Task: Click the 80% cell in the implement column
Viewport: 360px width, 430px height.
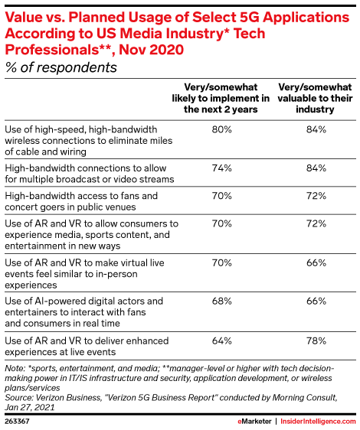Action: coord(221,129)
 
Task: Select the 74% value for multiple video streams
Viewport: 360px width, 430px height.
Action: coord(221,168)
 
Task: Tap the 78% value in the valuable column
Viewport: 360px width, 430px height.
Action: coord(316,341)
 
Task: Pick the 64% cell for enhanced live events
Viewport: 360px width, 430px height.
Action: coord(221,341)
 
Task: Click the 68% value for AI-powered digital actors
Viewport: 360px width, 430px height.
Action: coord(221,301)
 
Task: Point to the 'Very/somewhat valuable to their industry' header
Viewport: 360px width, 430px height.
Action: coord(315,98)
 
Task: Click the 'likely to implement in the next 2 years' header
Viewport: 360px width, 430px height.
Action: coord(221,98)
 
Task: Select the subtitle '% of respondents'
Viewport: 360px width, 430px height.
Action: coord(61,67)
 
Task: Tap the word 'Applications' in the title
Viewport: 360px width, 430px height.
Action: coord(306,18)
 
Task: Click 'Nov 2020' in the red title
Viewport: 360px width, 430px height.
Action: coord(152,50)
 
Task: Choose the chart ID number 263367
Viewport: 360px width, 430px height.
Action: coord(17,422)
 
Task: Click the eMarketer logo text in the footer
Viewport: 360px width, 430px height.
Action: coord(254,422)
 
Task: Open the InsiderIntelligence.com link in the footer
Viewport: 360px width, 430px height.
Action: coord(318,422)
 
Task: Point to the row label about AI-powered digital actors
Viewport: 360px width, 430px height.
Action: coord(83,312)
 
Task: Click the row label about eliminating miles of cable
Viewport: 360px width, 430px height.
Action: coord(88,141)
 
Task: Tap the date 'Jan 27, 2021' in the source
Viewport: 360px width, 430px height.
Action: coord(30,407)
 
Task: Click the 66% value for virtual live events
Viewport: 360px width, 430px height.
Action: coord(316,262)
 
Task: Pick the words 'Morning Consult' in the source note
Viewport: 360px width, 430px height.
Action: coord(304,398)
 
